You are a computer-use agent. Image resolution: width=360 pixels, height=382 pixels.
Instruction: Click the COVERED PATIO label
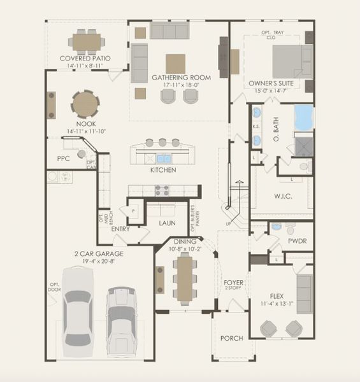click(85, 58)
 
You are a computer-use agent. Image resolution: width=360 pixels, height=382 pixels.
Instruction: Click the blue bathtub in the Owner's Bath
click(303, 117)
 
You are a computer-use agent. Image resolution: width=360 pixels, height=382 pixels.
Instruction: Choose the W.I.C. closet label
click(283, 196)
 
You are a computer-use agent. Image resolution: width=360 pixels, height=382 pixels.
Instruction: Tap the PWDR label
click(298, 241)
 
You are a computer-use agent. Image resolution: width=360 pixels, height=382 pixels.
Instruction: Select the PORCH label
click(231, 338)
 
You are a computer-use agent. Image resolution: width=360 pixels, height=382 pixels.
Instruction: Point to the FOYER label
click(233, 282)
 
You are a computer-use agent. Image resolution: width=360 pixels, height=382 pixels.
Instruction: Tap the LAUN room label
click(168, 223)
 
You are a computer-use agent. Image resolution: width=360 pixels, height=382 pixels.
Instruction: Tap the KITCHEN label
click(163, 170)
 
